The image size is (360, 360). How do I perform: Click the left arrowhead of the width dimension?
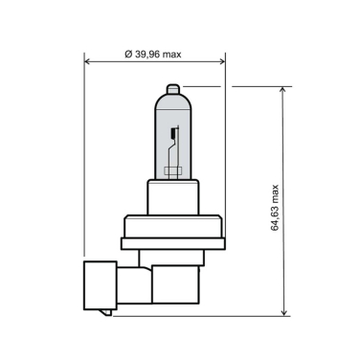[89, 62]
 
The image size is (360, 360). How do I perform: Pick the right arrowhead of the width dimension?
[222, 62]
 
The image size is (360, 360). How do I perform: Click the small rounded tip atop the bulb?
[171, 91]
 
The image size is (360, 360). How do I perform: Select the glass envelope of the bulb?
[161, 139]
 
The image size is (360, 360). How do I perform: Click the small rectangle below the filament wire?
[172, 172]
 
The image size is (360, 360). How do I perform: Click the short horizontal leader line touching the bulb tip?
[195, 86]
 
